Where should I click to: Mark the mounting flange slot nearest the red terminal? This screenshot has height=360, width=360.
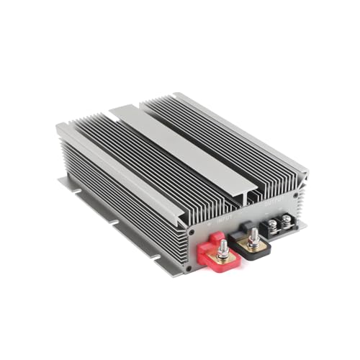click(x=153, y=253)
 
